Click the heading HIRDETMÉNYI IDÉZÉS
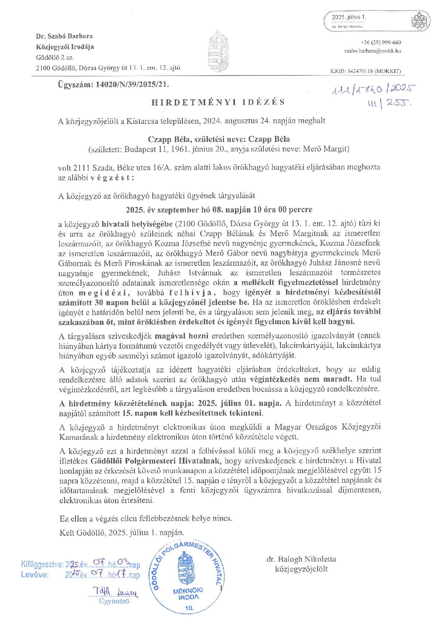[x=218, y=102]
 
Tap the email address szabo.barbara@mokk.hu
[x=373, y=51]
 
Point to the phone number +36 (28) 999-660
[x=381, y=43]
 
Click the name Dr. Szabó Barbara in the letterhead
[x=64, y=36]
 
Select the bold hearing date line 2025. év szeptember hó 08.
[x=219, y=209]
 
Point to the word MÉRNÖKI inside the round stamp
[x=188, y=590]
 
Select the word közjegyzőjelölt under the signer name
[x=301, y=569]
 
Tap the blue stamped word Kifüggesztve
[x=42, y=565]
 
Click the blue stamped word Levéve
[x=35, y=575]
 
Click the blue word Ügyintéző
[x=114, y=601]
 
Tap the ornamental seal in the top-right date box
[x=420, y=20]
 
